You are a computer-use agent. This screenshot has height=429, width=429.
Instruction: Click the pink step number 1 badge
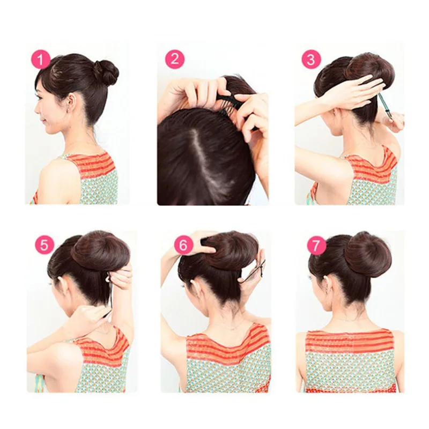pos(40,60)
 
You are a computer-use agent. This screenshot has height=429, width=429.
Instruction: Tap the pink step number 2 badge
pos(175,60)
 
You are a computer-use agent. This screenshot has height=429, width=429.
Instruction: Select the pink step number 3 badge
pos(312,60)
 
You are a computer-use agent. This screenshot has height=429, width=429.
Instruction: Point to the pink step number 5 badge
pos(45,245)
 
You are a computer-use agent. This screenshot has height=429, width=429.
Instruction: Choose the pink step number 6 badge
pos(183,245)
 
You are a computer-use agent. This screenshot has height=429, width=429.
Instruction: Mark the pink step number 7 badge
pos(317,245)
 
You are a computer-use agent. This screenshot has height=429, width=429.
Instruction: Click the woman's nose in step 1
pos(36,104)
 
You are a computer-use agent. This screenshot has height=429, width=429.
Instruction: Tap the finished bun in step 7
pos(367,254)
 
